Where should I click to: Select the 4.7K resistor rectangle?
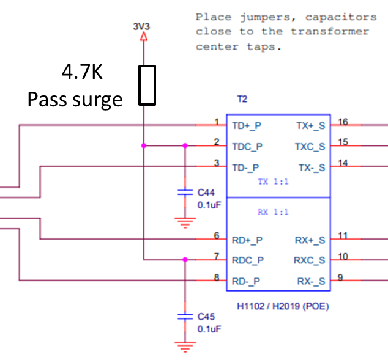tap(146, 84)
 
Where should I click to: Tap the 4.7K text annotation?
tap(82, 73)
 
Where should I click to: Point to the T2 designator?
tap(242, 99)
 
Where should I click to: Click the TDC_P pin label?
tap(247, 146)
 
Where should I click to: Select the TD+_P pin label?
tap(247, 125)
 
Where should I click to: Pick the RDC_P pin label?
tap(248, 260)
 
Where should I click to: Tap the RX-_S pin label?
tap(311, 281)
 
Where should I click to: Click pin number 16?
tap(343, 122)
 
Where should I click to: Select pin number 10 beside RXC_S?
tap(343, 256)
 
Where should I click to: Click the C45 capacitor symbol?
tap(184, 317)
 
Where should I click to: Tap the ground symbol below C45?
tap(184, 345)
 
